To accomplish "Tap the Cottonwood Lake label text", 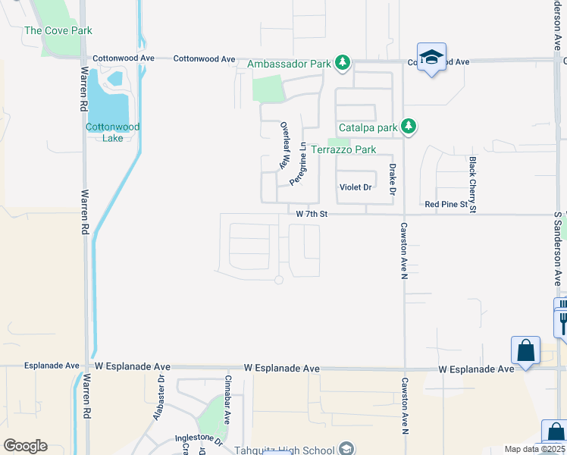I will pos(113,133).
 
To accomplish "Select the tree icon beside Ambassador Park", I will pos(343,62).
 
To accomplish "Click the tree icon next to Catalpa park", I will pos(409,126).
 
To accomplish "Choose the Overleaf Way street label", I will pos(286,146).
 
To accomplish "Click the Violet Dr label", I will pos(356,187).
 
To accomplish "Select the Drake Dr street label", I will pos(393,179).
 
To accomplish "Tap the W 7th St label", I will pos(312,215).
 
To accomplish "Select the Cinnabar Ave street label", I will pos(228,394).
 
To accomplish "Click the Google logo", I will pos(25,446).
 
